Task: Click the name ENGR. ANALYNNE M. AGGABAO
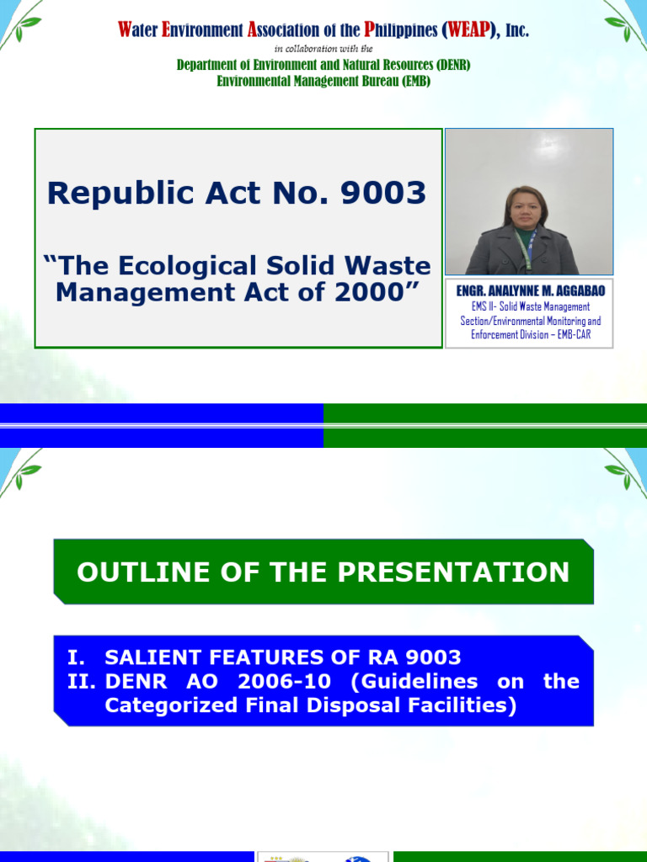530,290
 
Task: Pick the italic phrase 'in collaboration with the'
324,49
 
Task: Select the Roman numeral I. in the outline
77,657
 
